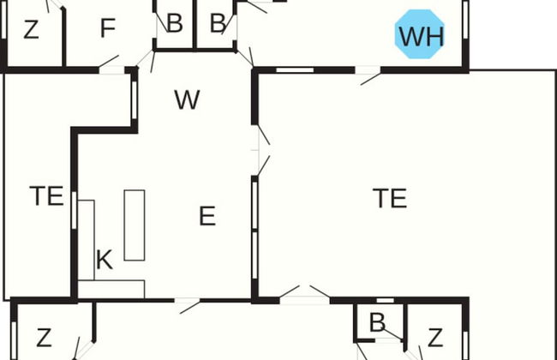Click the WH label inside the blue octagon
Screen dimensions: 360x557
click(421, 36)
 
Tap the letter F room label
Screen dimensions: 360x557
click(107, 29)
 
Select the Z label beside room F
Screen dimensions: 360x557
click(31, 30)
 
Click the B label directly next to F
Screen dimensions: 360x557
click(174, 23)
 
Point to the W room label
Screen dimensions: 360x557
click(186, 100)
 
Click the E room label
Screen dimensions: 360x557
click(207, 216)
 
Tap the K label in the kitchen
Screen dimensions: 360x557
click(104, 261)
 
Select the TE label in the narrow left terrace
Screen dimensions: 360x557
click(46, 196)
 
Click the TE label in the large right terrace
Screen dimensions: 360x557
click(389, 198)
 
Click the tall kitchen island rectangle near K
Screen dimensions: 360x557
click(135, 225)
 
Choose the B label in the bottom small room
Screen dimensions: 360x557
click(376, 323)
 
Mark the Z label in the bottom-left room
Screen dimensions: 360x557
click(44, 336)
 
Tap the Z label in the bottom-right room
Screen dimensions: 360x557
click(435, 336)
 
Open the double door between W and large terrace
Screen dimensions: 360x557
click(261, 151)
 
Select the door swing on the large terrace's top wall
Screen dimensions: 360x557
click(371, 75)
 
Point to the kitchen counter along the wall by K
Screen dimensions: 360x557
click(84, 244)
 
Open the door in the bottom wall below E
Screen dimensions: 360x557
click(189, 302)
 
